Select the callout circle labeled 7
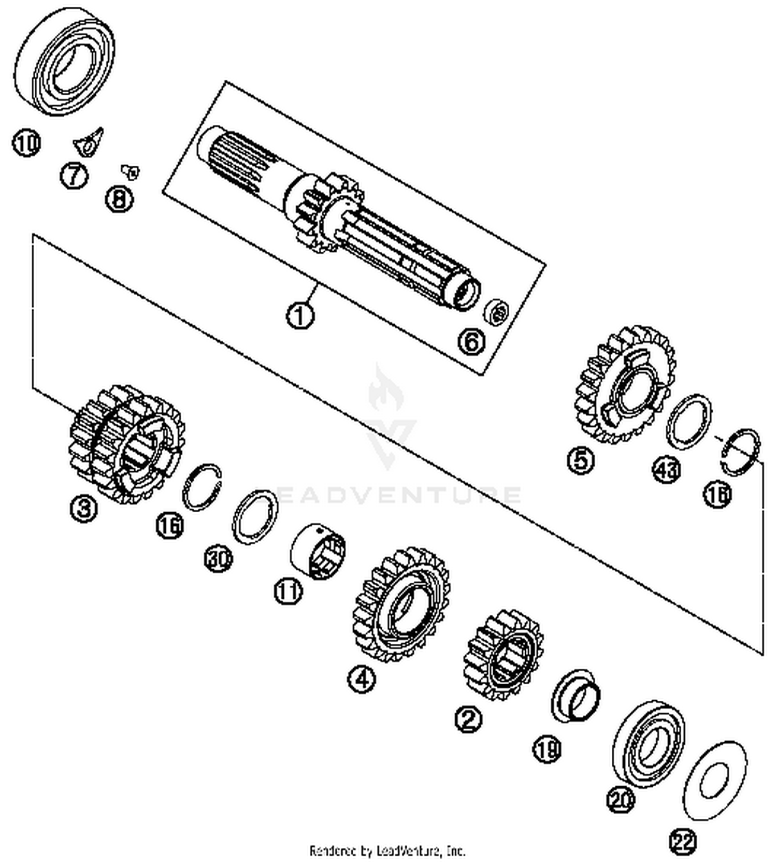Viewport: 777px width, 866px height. coord(75,176)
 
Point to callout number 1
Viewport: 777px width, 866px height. coord(300,315)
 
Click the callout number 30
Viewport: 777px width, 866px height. coord(218,559)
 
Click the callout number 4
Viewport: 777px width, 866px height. coord(362,677)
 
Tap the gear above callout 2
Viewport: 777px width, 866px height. coord(502,655)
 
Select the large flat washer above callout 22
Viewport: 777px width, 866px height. coord(715,780)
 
